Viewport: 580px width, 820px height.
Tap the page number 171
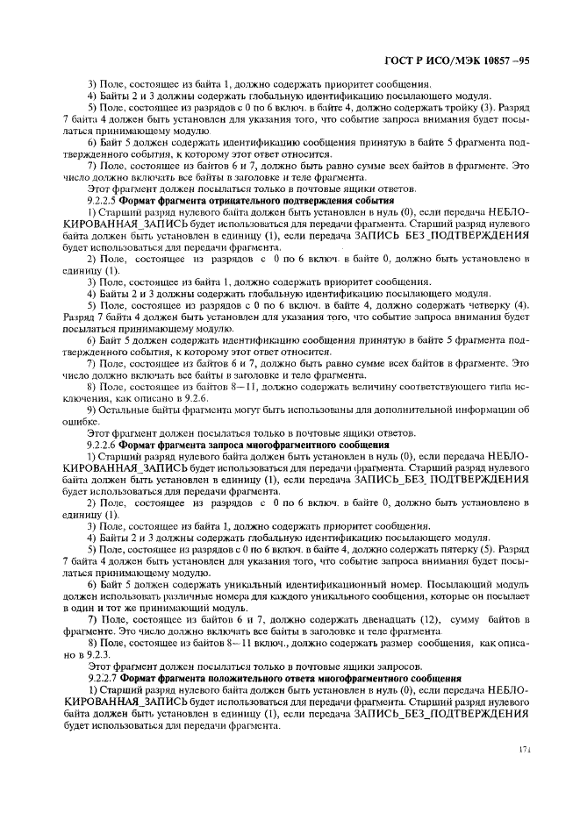pyautogui.click(x=525, y=750)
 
